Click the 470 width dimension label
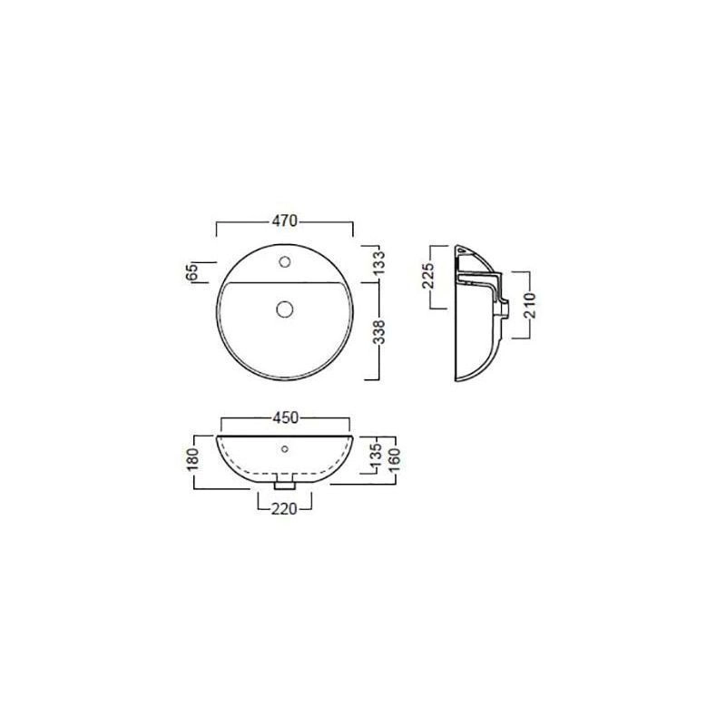(x=284, y=221)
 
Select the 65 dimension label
(x=191, y=271)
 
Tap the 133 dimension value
(x=378, y=262)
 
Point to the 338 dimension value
(x=378, y=332)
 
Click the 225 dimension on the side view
(x=427, y=276)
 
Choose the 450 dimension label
(x=285, y=417)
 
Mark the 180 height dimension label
(x=192, y=459)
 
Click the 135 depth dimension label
(x=376, y=455)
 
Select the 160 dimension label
(x=395, y=459)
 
